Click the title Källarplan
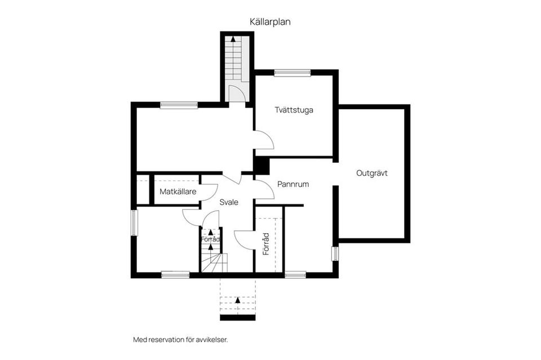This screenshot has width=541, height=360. coord(270,22)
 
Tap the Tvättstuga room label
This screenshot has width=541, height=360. coord(294,110)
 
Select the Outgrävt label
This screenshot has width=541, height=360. coord(371,173)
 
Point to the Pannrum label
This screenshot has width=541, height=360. coord(293,184)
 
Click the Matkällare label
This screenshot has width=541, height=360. coord(178,192)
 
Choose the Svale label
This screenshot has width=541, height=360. coord(229,202)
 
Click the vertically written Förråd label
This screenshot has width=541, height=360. coord(265,244)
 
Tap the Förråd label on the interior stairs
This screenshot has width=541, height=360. coord(210,239)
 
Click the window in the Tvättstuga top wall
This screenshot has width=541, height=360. coord(292,73)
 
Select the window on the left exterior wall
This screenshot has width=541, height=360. coord(134,223)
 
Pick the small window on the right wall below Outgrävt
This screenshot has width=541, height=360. coord(335,254)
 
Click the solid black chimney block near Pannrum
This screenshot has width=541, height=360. coord(261,166)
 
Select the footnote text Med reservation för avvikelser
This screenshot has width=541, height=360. coord(181,340)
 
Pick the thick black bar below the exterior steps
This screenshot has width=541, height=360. coord(238,318)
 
